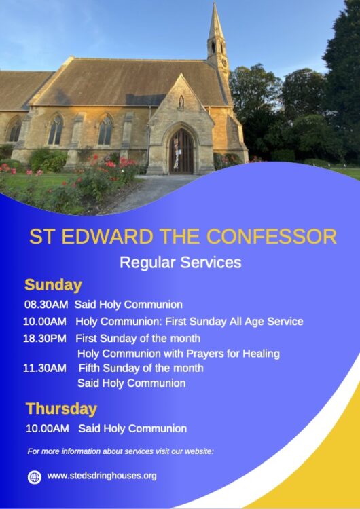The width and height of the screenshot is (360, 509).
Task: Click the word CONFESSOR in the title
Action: coord(271,237)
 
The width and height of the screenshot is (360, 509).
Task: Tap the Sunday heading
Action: coord(53,286)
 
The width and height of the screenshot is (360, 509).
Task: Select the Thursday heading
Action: coord(61,409)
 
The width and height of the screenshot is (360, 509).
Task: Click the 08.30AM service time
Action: coord(46,305)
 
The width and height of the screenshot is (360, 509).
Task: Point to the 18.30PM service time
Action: coord(45,339)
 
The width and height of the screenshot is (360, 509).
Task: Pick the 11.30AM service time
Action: coord(45,368)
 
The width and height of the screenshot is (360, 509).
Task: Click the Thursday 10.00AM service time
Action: coord(48,428)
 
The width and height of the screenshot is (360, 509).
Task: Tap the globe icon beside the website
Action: coord(34,477)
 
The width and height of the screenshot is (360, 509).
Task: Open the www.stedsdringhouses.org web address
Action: coord(102,476)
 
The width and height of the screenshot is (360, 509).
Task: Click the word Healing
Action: coord(262,354)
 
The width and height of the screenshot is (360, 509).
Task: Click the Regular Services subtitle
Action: coord(181,263)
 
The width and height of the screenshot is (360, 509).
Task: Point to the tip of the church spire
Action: coord(215,3)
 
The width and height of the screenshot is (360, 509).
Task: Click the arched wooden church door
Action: coord(181,151)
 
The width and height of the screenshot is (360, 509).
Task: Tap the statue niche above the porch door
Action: coord(181,102)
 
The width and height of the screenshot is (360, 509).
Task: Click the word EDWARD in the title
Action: coord(107,237)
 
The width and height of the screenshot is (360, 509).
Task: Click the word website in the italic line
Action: coord(199,451)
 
